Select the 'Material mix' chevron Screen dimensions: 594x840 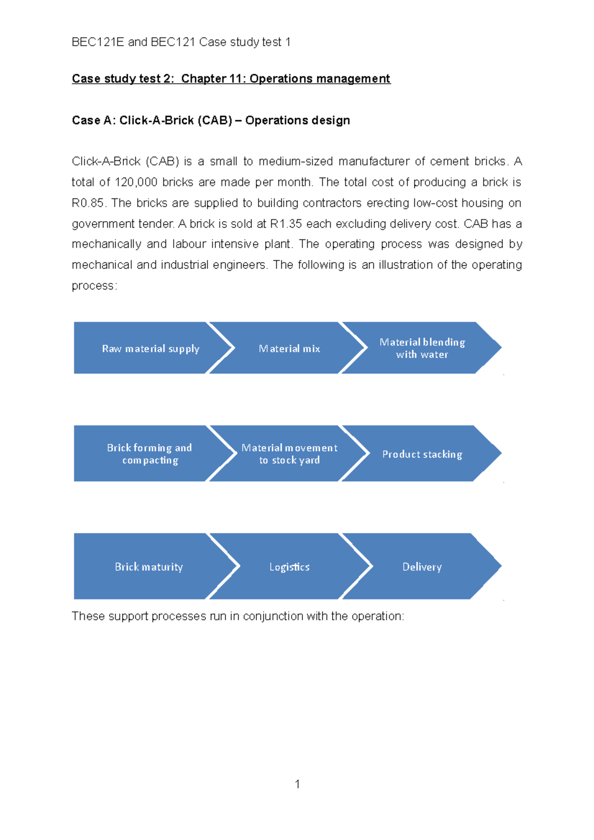[x=289, y=348]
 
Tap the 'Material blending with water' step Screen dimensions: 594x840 [x=422, y=348]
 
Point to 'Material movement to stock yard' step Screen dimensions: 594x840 [x=289, y=454]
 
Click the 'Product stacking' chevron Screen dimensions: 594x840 [x=422, y=454]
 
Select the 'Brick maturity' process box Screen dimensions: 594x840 [x=148, y=566]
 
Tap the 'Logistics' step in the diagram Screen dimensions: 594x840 [x=289, y=566]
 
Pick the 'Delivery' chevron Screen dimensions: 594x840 [x=422, y=566]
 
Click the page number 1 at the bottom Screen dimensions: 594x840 [x=297, y=784]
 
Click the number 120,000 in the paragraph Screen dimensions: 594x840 [x=136, y=183]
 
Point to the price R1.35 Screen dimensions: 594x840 [x=286, y=224]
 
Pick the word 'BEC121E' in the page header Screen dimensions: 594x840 [x=98, y=42]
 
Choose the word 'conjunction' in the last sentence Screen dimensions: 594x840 [x=273, y=616]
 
